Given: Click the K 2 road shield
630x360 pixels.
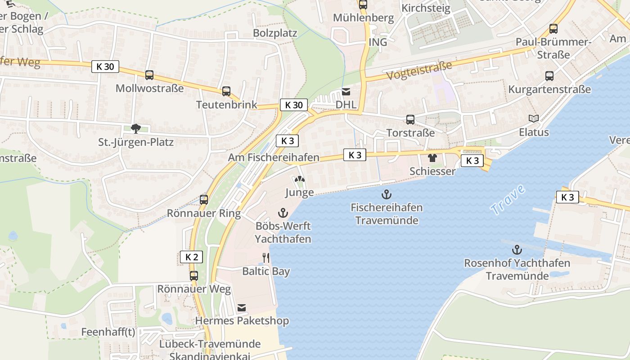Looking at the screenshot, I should coord(191,257).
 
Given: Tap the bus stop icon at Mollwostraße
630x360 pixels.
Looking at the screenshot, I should coord(149,75).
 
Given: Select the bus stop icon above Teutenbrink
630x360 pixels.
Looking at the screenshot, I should coord(226,91).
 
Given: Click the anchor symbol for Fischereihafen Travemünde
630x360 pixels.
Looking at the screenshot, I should coord(386,194).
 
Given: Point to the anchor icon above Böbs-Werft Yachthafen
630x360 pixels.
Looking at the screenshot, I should coord(283,212).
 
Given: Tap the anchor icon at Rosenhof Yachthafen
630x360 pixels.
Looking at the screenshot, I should coord(517,250).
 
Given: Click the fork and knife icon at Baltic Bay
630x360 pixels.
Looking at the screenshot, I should coord(266,258).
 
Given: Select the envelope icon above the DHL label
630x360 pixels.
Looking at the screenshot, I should coord(346,92).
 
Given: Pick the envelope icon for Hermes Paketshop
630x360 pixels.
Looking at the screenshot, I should coord(242,308).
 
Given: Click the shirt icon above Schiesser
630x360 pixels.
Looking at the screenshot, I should coord(432,158).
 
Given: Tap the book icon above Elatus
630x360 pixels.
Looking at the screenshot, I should coord(534,119).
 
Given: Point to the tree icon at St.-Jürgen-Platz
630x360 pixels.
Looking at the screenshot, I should coord(136,129).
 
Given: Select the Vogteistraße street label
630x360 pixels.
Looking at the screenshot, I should coord(419,71).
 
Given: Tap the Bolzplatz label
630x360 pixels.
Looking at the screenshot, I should coord(275,33).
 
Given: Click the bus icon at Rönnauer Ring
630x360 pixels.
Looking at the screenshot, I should coord(204,199).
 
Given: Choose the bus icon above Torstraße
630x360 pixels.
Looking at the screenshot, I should coord(410,120).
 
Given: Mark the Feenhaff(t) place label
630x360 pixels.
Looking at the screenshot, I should coord(108,332).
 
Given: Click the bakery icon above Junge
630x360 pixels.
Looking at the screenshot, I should coord(299,179).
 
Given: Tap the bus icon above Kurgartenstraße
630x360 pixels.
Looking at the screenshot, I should coord(549,76).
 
